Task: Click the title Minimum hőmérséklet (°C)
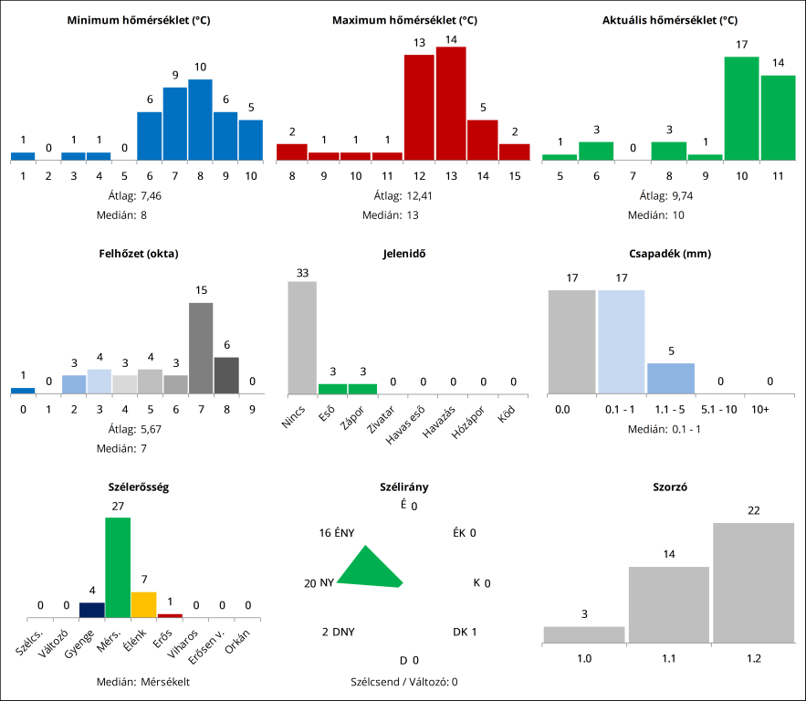(139, 20)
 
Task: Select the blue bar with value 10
(200, 120)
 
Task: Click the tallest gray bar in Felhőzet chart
(201, 348)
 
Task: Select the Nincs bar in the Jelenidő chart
(302, 337)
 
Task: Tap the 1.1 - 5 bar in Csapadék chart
(671, 378)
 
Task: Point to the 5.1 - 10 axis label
(718, 411)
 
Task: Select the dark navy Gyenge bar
(91, 610)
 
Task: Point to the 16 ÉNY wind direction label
(337, 533)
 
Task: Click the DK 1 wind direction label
(465, 632)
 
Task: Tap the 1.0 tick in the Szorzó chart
(583, 657)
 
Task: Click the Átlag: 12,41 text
(403, 195)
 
